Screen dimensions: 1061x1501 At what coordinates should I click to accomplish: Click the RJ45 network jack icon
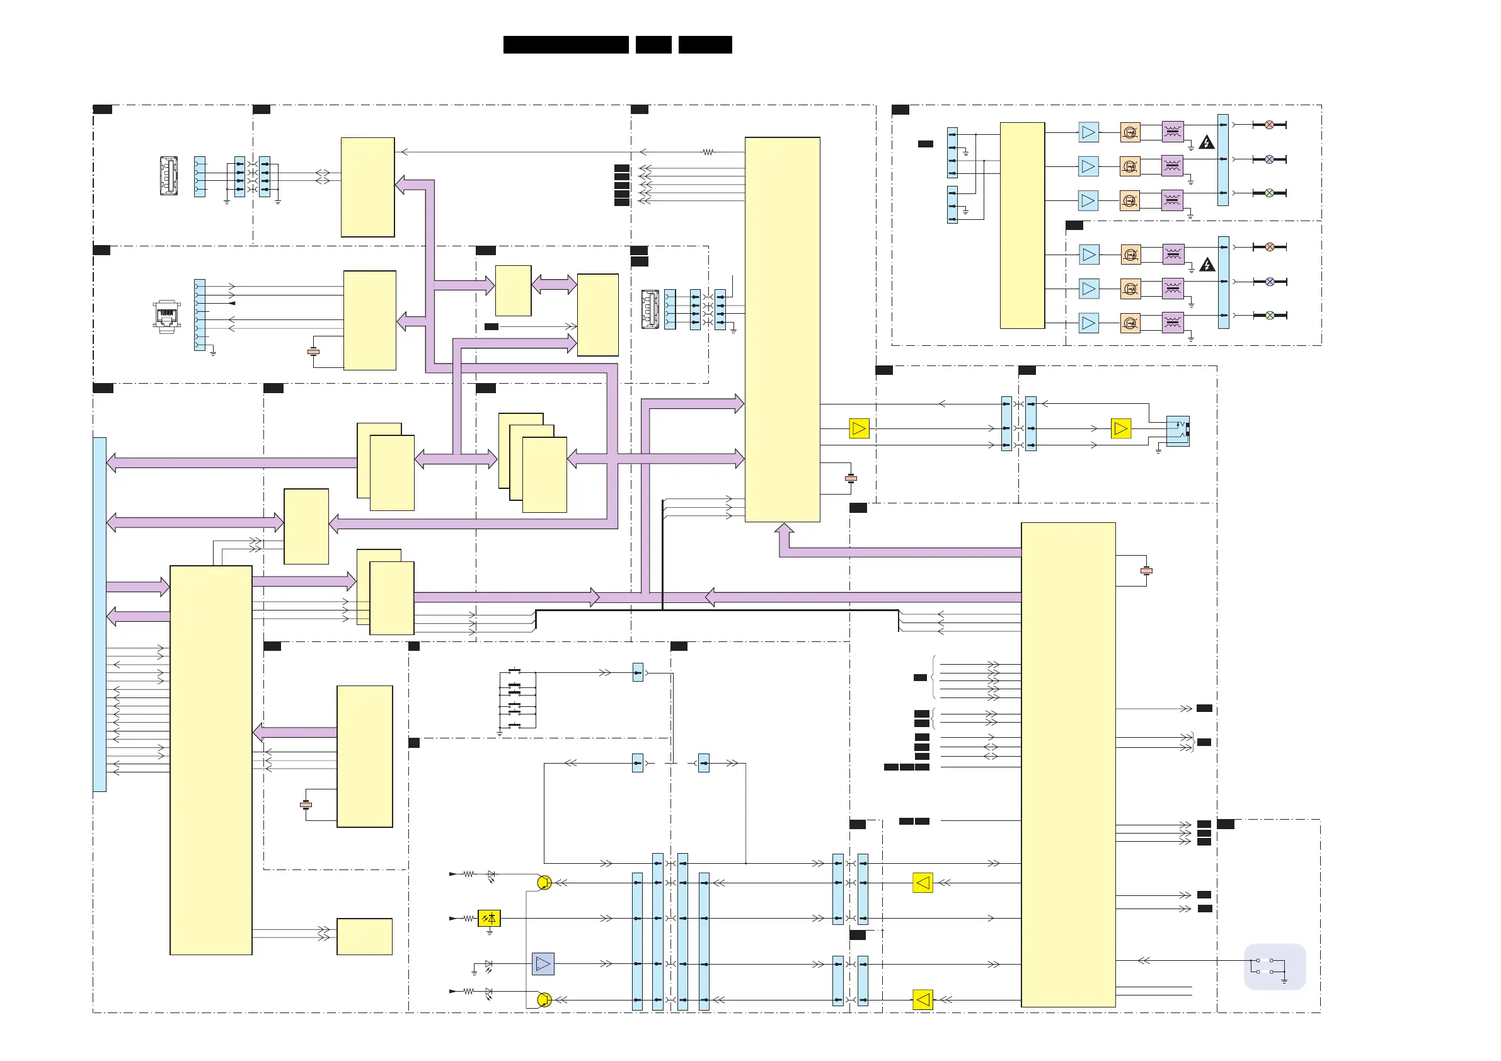click(x=167, y=316)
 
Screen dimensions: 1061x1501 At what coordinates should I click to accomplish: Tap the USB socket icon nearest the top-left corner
click(x=169, y=175)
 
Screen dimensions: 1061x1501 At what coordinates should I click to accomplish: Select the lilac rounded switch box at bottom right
click(x=1274, y=967)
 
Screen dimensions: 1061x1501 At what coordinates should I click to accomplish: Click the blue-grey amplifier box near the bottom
click(x=543, y=963)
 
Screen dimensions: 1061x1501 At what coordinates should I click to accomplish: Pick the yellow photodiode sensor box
click(x=489, y=919)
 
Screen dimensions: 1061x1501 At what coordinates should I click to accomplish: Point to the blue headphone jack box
click(x=1178, y=431)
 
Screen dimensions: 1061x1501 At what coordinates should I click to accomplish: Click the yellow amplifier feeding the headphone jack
click(x=1120, y=429)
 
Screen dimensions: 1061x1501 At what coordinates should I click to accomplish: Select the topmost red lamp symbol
click(x=1269, y=125)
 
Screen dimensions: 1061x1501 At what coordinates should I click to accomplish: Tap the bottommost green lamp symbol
click(x=1270, y=315)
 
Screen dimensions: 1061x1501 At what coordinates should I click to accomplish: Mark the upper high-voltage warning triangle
click(x=1206, y=142)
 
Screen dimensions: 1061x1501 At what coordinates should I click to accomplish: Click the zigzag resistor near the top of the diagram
click(x=708, y=152)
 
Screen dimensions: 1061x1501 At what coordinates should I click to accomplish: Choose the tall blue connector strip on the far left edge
click(x=100, y=614)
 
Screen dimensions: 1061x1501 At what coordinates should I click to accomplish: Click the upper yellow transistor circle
click(x=544, y=883)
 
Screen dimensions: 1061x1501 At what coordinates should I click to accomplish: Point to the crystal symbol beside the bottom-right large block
click(x=1146, y=571)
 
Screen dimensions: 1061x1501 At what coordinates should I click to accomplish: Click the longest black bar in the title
click(x=565, y=45)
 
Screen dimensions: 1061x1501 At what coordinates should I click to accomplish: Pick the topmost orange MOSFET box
click(x=1130, y=132)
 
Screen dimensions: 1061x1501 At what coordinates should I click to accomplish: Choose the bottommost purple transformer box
click(x=1173, y=323)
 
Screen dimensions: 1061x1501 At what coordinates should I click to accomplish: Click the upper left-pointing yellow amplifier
click(x=923, y=883)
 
